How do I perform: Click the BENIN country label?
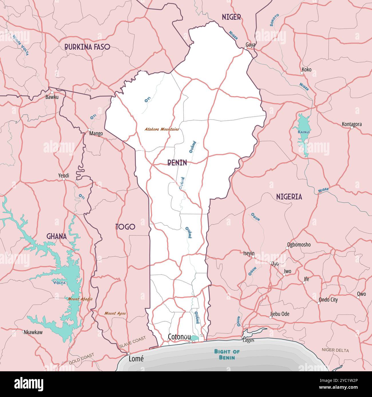[x=177, y=163]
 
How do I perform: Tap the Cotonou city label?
[x=179, y=337]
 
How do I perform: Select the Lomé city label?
[x=136, y=359]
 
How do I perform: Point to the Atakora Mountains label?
[x=162, y=129]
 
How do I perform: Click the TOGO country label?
[x=125, y=227]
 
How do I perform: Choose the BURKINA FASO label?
[x=87, y=47]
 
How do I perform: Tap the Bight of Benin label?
[x=227, y=354]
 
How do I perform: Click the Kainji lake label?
[x=303, y=132]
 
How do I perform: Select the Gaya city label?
[x=250, y=45]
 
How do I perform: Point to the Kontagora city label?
[x=352, y=124]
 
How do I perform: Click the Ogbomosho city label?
[x=299, y=244]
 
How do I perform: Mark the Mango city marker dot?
[x=89, y=130]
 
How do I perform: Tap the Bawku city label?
[x=52, y=97]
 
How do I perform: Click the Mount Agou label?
[x=115, y=313]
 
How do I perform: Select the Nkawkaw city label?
[x=33, y=332]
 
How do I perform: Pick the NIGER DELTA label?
[x=335, y=350]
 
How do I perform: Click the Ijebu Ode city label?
[x=280, y=314]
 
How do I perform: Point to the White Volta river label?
[x=21, y=45]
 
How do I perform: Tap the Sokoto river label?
[x=274, y=20]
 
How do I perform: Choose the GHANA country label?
[x=57, y=236]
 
